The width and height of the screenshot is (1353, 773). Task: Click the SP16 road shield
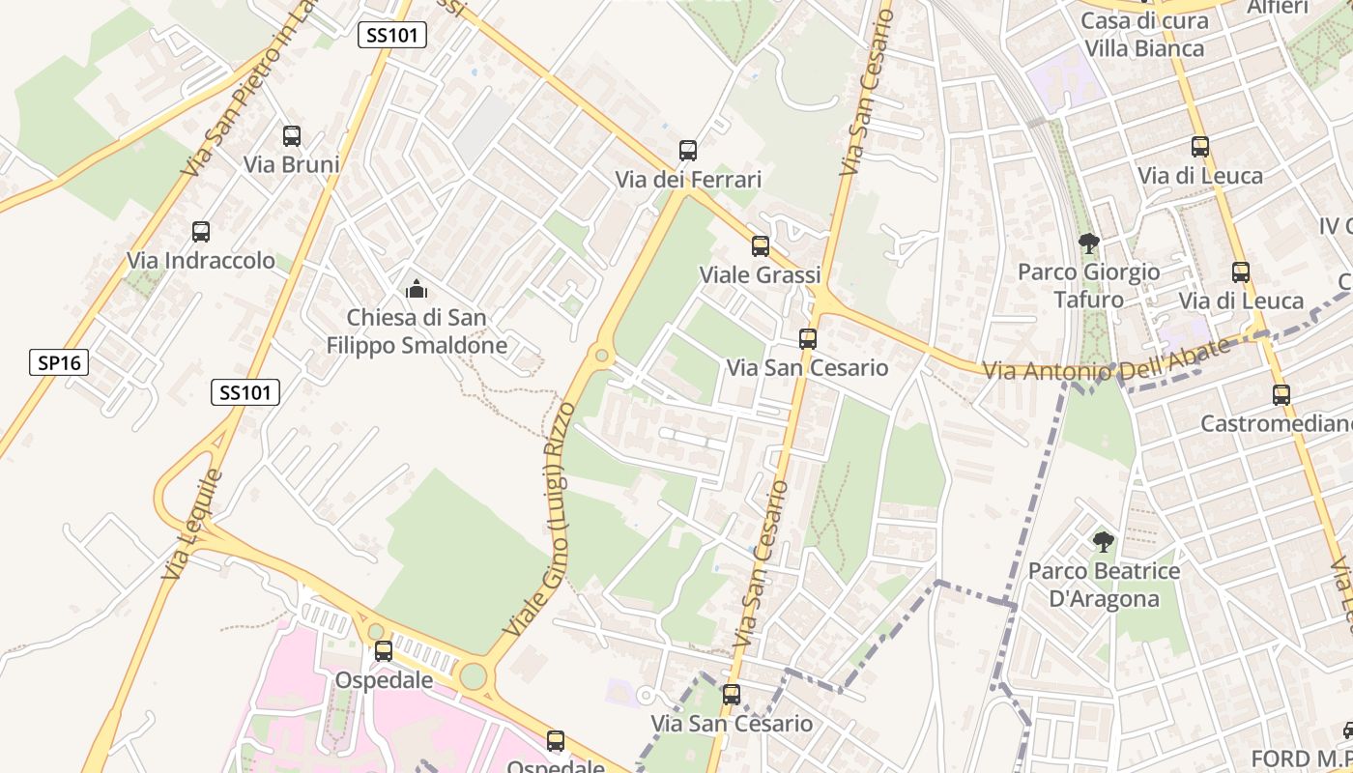(x=59, y=362)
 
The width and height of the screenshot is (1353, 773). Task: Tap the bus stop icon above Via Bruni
(x=291, y=136)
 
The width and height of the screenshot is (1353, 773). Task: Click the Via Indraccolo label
(x=201, y=261)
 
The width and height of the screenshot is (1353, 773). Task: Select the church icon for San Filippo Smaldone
(x=417, y=289)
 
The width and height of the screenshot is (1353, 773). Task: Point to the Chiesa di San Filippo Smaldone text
(x=417, y=331)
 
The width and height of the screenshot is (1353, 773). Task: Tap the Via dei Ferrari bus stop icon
(x=688, y=151)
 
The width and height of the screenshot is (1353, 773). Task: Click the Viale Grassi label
(x=760, y=274)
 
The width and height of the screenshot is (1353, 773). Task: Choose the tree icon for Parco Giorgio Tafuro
(x=1088, y=243)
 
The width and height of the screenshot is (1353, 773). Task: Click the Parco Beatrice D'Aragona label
(x=1104, y=585)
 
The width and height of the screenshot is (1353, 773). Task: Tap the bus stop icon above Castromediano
(x=1281, y=394)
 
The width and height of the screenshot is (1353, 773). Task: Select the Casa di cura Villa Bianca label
(x=1144, y=35)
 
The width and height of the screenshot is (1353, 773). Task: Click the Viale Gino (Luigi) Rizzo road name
(x=539, y=519)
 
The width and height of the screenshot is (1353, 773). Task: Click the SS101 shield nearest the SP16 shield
(x=245, y=391)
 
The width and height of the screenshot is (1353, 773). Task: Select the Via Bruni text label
(x=291, y=164)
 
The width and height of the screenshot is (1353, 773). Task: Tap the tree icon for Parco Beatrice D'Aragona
(x=1103, y=541)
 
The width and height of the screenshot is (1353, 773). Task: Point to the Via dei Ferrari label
(x=688, y=180)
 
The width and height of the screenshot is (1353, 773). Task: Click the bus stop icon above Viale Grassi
(x=761, y=246)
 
